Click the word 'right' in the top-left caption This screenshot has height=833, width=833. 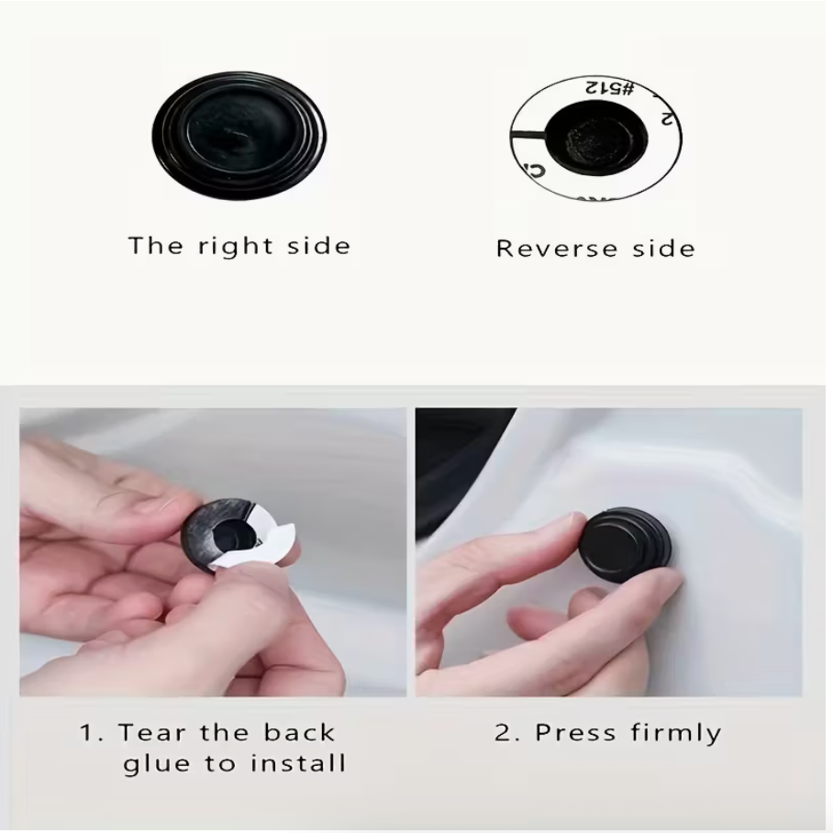click(x=221, y=246)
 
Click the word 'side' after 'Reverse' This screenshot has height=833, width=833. click(x=662, y=249)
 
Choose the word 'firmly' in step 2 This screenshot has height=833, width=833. click(x=676, y=734)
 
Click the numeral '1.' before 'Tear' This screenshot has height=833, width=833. click(x=89, y=733)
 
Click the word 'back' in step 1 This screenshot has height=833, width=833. click(x=299, y=733)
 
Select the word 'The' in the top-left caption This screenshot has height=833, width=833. click(x=150, y=246)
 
